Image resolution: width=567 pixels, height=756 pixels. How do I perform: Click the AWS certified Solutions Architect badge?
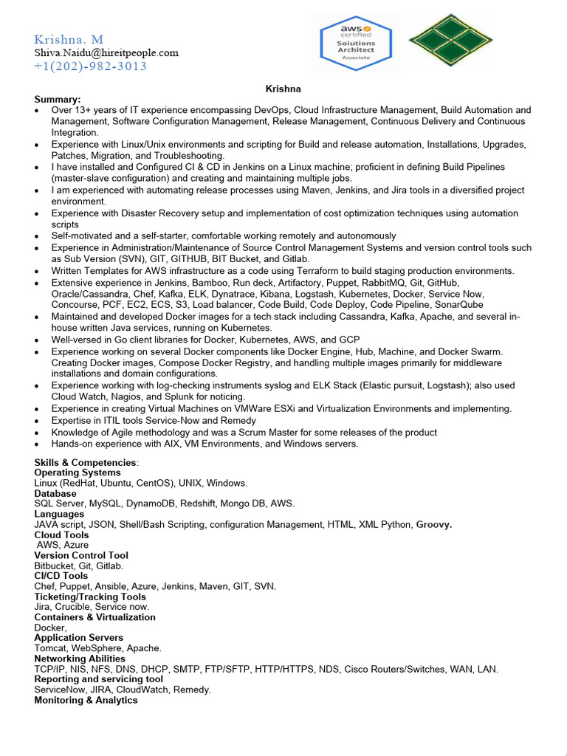point(357,43)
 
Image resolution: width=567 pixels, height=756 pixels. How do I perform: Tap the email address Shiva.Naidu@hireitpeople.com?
point(106,52)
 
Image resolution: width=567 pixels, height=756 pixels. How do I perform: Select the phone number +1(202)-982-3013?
point(90,66)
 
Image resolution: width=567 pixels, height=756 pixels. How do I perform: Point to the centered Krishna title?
point(283,89)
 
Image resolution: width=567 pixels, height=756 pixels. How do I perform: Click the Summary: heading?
point(58,99)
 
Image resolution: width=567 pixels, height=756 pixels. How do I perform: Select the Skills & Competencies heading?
point(86,462)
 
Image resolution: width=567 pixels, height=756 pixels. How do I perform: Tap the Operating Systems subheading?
point(78,472)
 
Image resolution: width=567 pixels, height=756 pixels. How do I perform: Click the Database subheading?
point(55,493)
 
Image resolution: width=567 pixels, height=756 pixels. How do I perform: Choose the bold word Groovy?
point(434,524)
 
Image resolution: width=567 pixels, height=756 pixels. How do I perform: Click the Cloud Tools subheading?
point(61,535)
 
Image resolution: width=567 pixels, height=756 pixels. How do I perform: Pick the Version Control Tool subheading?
point(81,555)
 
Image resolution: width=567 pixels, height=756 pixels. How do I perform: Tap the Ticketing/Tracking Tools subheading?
point(90,597)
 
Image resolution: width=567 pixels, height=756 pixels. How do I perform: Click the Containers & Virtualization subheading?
point(95,617)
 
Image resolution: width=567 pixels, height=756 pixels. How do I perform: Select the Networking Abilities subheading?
point(80,659)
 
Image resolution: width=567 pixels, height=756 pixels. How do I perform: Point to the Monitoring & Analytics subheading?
point(86,700)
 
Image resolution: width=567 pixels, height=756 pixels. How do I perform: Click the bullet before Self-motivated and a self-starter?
point(38,236)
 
